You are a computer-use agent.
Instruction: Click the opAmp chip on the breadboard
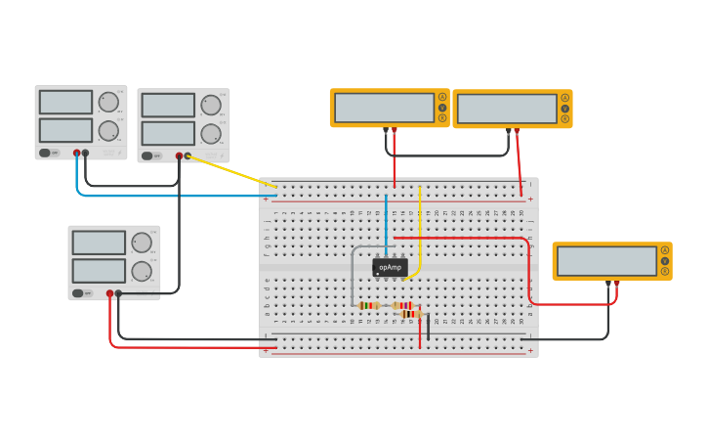tap(390, 267)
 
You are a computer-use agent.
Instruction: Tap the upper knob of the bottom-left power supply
tap(142, 243)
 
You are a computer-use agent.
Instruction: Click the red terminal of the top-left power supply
tap(76, 153)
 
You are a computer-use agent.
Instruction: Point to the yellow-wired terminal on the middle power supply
tap(187, 155)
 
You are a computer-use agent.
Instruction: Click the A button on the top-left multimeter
tap(442, 97)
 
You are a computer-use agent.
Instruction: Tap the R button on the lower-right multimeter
tap(665, 271)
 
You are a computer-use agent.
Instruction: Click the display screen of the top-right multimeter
tap(507, 109)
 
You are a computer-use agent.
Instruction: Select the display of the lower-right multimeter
tap(606, 261)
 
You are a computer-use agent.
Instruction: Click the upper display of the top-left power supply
tap(65, 102)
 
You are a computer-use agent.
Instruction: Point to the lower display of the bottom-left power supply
tap(99, 270)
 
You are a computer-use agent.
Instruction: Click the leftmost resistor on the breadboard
tap(368, 305)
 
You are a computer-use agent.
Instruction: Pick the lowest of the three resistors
tap(411, 315)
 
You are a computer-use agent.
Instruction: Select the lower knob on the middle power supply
tap(211, 133)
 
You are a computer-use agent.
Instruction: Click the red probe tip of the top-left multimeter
tap(395, 131)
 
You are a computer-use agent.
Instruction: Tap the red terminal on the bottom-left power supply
tap(109, 292)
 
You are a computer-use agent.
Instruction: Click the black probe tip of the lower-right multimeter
tap(608, 284)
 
